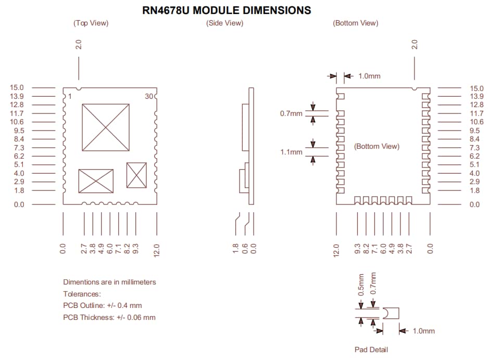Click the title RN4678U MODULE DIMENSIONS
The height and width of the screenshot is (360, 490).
pos(227,10)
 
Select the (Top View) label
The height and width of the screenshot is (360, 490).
pos(91,23)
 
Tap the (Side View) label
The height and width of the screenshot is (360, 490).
pos(224,23)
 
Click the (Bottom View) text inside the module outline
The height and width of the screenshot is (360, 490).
pos(376,146)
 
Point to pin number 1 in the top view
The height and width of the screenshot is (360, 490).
pos(70,96)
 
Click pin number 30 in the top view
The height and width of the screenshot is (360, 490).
pos(149,96)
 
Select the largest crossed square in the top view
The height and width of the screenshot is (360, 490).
pos(106,127)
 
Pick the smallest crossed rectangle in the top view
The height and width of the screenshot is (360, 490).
pos(136,175)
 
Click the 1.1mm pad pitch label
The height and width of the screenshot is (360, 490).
pos(291,152)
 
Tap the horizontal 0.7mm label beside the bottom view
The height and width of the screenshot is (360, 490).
pos(291,113)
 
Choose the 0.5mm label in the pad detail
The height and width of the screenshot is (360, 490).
pos(361,285)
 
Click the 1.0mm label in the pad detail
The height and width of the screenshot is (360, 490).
pos(423,331)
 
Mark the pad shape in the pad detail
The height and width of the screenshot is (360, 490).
pos(391,313)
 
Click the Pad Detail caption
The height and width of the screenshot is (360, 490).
pos(371,350)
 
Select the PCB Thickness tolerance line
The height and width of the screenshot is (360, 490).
pos(109,317)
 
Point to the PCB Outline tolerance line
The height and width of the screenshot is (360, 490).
pos(102,305)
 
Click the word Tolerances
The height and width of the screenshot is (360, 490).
pos(82,294)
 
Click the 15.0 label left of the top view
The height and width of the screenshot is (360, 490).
pos(17,88)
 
